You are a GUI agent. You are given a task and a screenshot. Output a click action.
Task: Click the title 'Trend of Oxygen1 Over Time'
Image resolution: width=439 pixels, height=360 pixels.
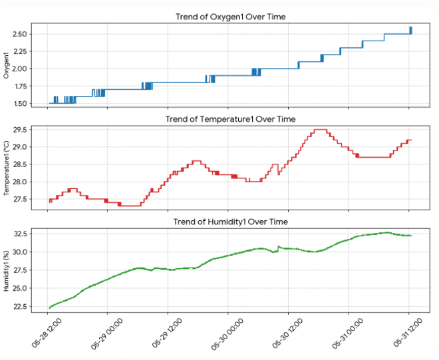point(230,17)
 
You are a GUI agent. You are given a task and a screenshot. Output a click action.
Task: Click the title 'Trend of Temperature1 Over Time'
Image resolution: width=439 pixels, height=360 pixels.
point(230,119)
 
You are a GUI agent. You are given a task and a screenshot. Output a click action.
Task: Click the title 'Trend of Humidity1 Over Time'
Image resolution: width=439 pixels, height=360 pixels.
point(230,222)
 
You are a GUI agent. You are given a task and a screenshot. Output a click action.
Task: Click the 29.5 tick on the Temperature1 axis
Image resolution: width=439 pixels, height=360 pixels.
point(20,130)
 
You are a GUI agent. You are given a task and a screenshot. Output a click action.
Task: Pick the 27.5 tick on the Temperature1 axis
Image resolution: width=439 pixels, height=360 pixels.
point(20,199)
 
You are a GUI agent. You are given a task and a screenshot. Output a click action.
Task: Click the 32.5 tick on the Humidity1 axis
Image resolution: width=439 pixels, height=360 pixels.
point(20,234)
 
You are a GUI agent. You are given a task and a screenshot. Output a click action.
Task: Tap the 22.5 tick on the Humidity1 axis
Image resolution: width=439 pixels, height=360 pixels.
point(20,307)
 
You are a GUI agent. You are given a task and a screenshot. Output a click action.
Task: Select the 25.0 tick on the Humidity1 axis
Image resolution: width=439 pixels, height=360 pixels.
point(20,288)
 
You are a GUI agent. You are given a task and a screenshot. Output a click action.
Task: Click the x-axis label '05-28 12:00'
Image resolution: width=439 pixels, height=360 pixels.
point(47,333)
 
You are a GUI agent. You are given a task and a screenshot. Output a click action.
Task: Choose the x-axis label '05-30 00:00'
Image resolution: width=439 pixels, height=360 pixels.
point(227,333)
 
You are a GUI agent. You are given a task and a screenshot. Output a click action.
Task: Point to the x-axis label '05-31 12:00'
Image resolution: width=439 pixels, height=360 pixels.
point(408,333)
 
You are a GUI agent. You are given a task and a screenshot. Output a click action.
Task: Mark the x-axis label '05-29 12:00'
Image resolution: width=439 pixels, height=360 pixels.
point(167,333)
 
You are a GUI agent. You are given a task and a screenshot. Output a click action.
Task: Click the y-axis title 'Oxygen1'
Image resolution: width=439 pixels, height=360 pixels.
point(6,65)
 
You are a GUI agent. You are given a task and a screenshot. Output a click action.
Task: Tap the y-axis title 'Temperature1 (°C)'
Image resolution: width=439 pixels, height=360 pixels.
point(6,168)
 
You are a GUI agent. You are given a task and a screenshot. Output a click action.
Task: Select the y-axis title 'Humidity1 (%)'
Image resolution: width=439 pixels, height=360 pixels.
point(6,271)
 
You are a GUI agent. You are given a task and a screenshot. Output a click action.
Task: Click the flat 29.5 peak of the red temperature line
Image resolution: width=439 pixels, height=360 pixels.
point(321,130)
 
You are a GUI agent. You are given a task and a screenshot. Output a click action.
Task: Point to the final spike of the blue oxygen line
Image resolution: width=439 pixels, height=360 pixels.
point(410,30)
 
